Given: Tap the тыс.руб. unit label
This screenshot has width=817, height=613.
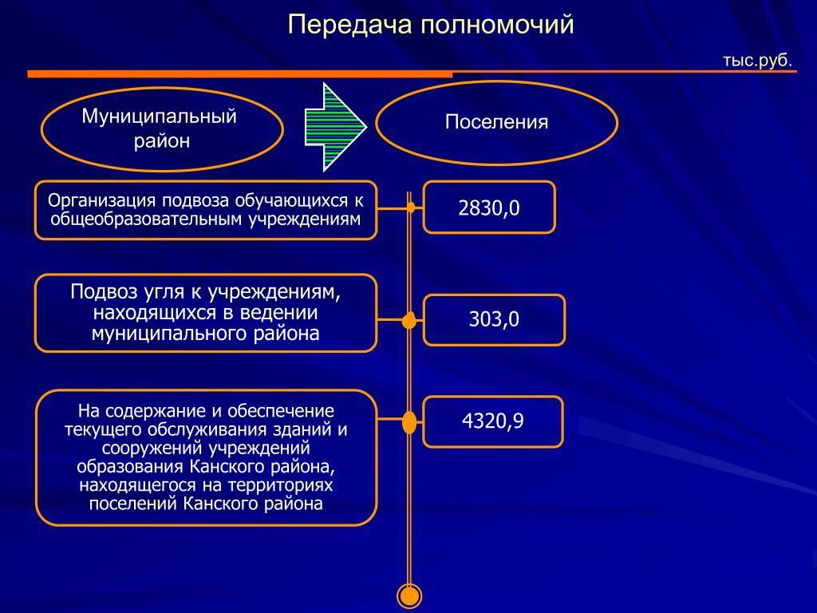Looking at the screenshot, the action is (757, 60).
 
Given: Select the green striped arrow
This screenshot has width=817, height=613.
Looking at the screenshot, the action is (334, 127).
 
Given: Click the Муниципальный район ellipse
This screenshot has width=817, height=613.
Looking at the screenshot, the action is (162, 129).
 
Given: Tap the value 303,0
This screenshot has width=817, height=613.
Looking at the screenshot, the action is (493, 320).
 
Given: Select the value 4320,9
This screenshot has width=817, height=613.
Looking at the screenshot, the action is (492, 421).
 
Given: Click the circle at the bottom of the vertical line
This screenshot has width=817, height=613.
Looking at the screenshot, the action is (409, 595).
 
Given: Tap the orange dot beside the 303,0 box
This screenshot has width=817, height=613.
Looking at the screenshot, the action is (409, 321).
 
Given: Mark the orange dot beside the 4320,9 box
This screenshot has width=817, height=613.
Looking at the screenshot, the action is (409, 421).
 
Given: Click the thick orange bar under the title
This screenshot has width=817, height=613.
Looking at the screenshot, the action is (239, 74).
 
